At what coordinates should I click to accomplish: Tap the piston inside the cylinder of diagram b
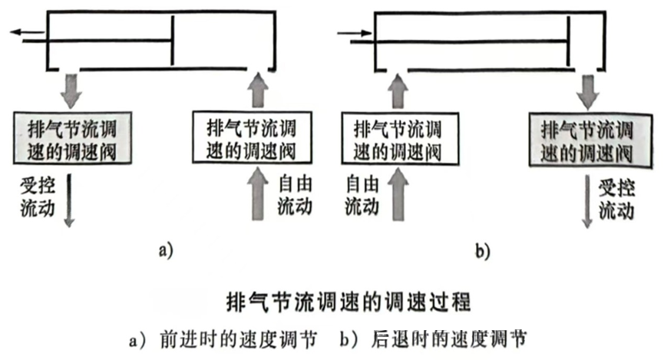(x=569, y=41)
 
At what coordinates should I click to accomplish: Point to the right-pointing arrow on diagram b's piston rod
(x=354, y=32)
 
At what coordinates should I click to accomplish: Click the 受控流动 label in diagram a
(x=38, y=197)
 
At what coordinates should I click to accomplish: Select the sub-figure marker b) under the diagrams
(x=482, y=250)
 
